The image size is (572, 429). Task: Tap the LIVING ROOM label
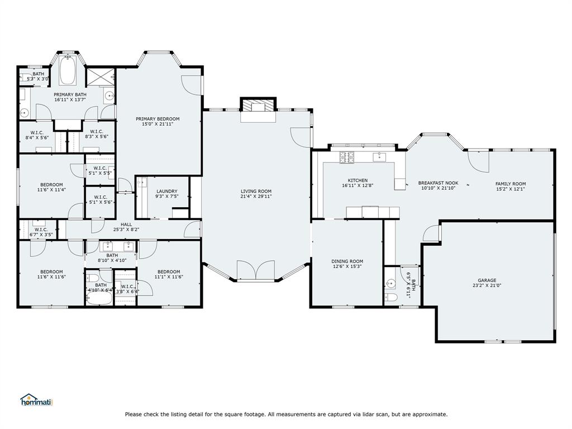point(256,192)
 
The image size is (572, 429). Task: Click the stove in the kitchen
point(346,158)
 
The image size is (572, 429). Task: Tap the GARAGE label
point(487,280)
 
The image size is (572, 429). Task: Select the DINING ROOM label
point(347,261)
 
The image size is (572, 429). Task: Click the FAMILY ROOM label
point(510,184)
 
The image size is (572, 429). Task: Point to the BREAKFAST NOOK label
point(438,183)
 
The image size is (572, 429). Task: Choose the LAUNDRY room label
point(166,191)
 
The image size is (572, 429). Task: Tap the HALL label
point(126,224)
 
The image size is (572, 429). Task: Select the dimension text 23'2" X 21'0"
point(487,286)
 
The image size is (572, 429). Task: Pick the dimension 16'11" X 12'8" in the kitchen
point(357,186)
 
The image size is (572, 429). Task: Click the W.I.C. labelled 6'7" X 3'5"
point(41,231)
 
